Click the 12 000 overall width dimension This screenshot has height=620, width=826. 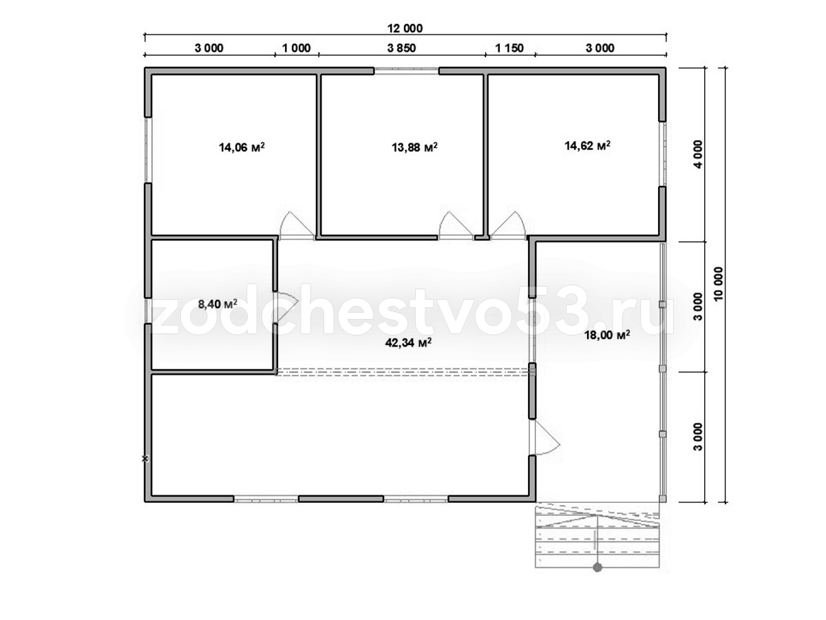[x=405, y=28]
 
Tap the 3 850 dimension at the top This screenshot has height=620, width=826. [x=401, y=48]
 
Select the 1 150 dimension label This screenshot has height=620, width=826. [x=509, y=48]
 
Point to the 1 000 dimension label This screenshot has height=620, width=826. [x=297, y=48]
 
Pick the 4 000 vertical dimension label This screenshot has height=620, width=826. [x=698, y=154]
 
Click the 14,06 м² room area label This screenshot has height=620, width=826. [x=242, y=147]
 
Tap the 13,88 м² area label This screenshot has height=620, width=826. [x=414, y=147]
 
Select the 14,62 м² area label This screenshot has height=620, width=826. [x=587, y=145]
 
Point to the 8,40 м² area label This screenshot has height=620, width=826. [x=218, y=304]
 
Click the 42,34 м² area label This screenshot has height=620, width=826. [x=408, y=342]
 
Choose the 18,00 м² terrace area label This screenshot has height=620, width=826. [x=607, y=335]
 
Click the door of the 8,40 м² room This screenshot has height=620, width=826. [x=286, y=307]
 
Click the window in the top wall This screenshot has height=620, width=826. [x=406, y=71]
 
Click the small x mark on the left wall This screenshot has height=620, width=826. [x=145, y=459]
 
